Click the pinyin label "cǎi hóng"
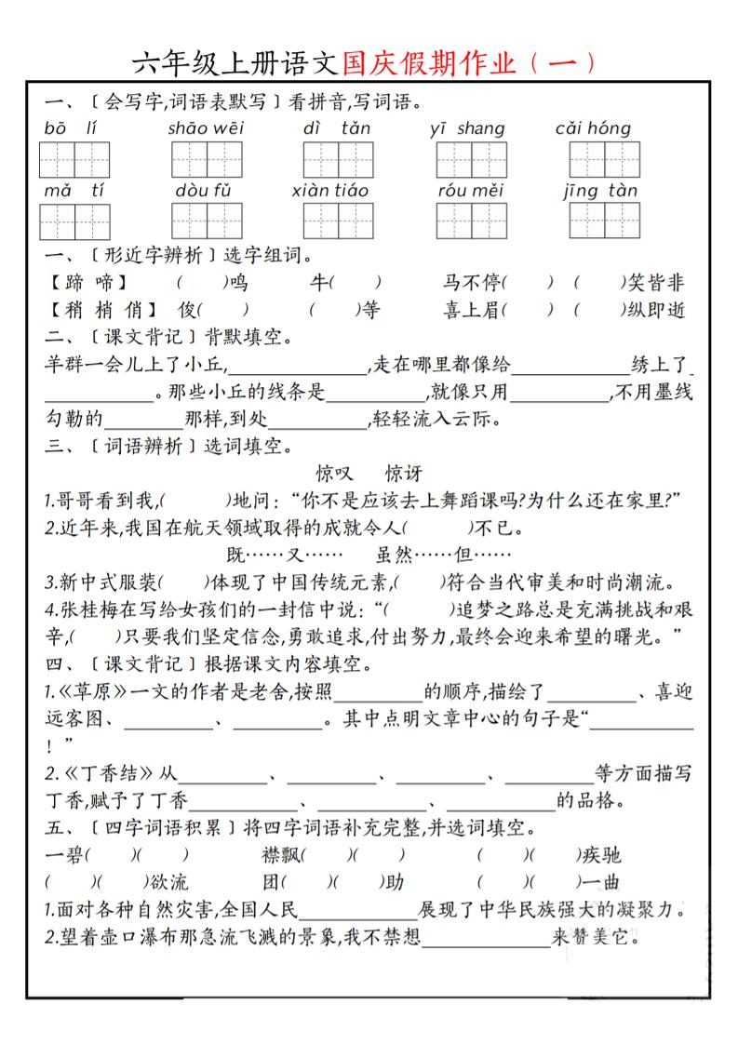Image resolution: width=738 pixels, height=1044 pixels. pyautogui.click(x=593, y=128)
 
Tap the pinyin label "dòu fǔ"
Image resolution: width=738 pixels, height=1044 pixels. pyautogui.click(x=203, y=191)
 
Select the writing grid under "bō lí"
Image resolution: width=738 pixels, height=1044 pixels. pyautogui.click(x=75, y=159)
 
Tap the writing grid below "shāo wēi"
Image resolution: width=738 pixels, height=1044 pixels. pyautogui.click(x=206, y=159)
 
